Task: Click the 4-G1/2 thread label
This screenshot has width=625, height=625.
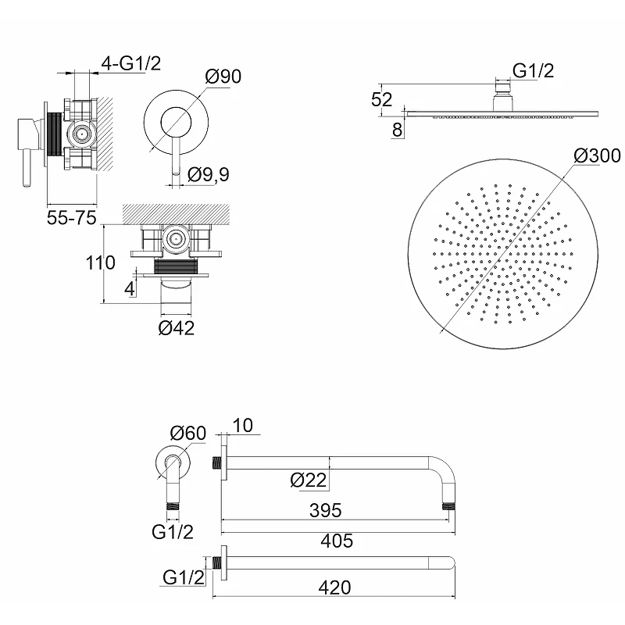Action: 131,63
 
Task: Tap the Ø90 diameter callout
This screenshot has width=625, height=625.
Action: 223,77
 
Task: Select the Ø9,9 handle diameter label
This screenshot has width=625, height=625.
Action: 209,174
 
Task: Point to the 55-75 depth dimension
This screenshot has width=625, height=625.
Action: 72,218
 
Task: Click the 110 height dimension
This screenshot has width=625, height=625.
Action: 101,262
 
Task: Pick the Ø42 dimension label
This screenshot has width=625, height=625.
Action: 177,328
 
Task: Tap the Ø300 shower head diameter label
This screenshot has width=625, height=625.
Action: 597,155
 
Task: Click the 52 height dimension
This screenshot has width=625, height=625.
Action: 381,99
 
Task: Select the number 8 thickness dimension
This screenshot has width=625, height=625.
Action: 397,130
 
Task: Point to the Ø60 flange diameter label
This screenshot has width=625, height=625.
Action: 188,433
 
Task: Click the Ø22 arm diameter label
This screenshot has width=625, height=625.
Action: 309,480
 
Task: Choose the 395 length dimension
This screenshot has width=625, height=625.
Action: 326,510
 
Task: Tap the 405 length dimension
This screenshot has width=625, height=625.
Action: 337,541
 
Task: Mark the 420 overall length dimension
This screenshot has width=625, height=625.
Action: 335,587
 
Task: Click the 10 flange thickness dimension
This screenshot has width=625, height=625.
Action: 242,426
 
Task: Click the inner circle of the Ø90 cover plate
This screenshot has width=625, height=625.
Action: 176,122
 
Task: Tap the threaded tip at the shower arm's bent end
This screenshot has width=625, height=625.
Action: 449,507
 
